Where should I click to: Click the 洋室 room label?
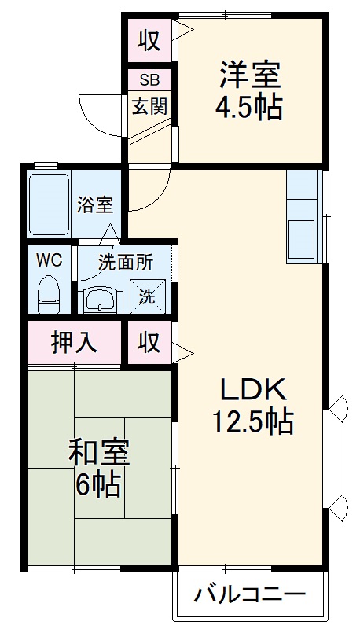click(250, 76)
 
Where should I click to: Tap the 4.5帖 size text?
click(250, 108)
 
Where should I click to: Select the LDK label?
click(250, 389)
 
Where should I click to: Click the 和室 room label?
click(98, 454)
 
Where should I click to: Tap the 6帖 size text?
click(98, 485)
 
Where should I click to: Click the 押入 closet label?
click(74, 343)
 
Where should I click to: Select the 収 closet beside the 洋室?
click(149, 40)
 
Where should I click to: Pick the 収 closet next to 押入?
click(149, 343)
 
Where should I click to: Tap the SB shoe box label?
click(149, 79)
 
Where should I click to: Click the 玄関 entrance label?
click(149, 105)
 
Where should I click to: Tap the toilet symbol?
click(49, 292)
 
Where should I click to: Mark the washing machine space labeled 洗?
click(148, 296)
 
